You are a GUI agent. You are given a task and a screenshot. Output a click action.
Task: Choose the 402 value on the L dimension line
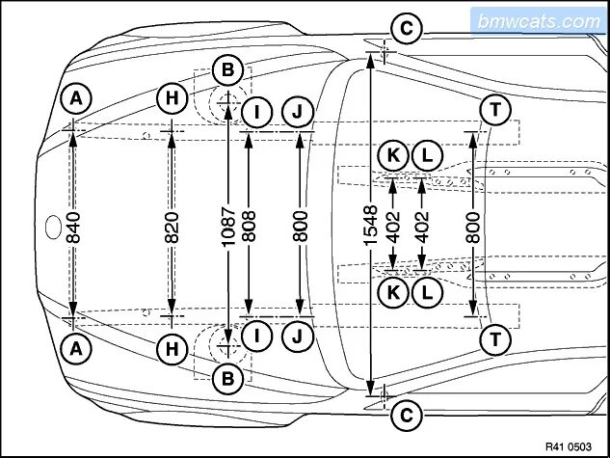click(x=422, y=227)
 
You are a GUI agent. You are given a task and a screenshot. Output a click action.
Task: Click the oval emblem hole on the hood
click(x=53, y=229)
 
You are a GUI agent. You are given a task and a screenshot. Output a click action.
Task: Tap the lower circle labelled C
click(x=407, y=415)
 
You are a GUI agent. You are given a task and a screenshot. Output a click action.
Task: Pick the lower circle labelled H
click(x=172, y=349)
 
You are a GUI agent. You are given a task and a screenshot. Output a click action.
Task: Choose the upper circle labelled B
click(x=227, y=69)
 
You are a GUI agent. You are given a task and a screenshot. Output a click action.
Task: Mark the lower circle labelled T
click(x=494, y=338)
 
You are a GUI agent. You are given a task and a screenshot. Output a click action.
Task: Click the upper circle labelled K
click(x=393, y=154)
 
